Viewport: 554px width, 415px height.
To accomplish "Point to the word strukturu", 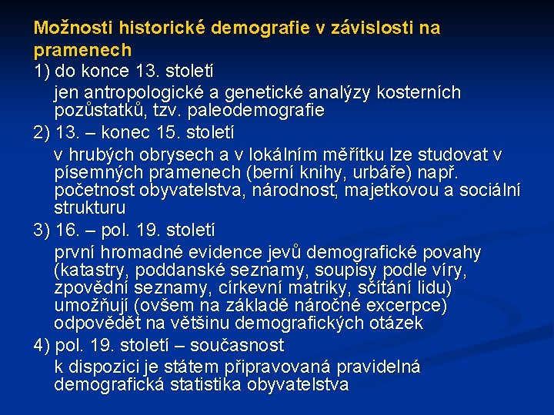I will pyautogui.click(x=90, y=208).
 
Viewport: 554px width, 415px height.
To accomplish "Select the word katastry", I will pyautogui.click(x=89, y=271).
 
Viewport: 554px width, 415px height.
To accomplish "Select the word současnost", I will pyautogui.click(x=238, y=345).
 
